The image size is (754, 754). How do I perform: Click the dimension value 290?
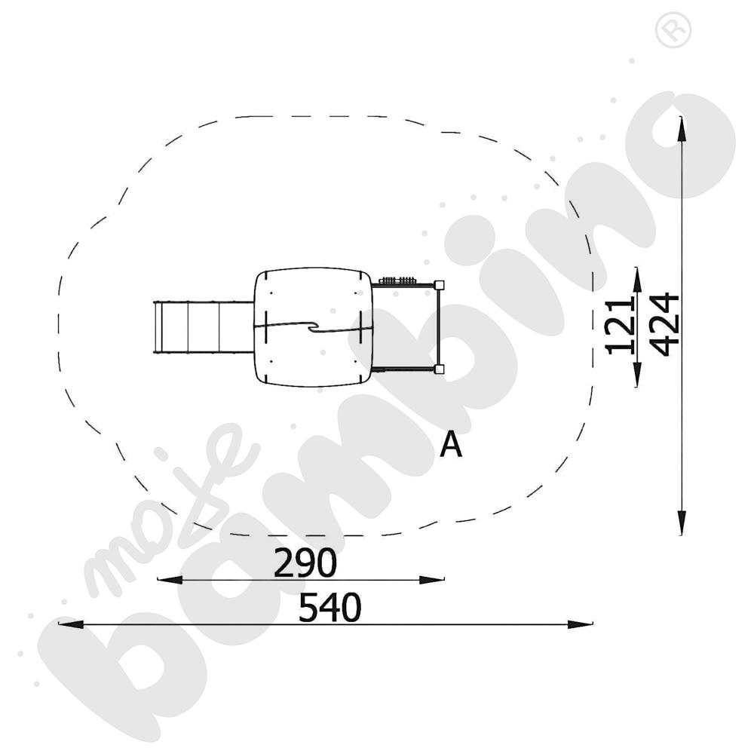pyautogui.click(x=305, y=562)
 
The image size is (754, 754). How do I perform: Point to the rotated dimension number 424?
pyautogui.click(x=664, y=324)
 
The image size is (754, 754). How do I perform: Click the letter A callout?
pyautogui.click(x=451, y=444)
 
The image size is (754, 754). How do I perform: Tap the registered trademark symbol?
pyautogui.click(x=673, y=30)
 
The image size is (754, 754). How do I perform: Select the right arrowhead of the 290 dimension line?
pyautogui.click(x=432, y=580)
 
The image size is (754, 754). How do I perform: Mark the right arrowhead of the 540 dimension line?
pyautogui.click(x=580, y=624)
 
